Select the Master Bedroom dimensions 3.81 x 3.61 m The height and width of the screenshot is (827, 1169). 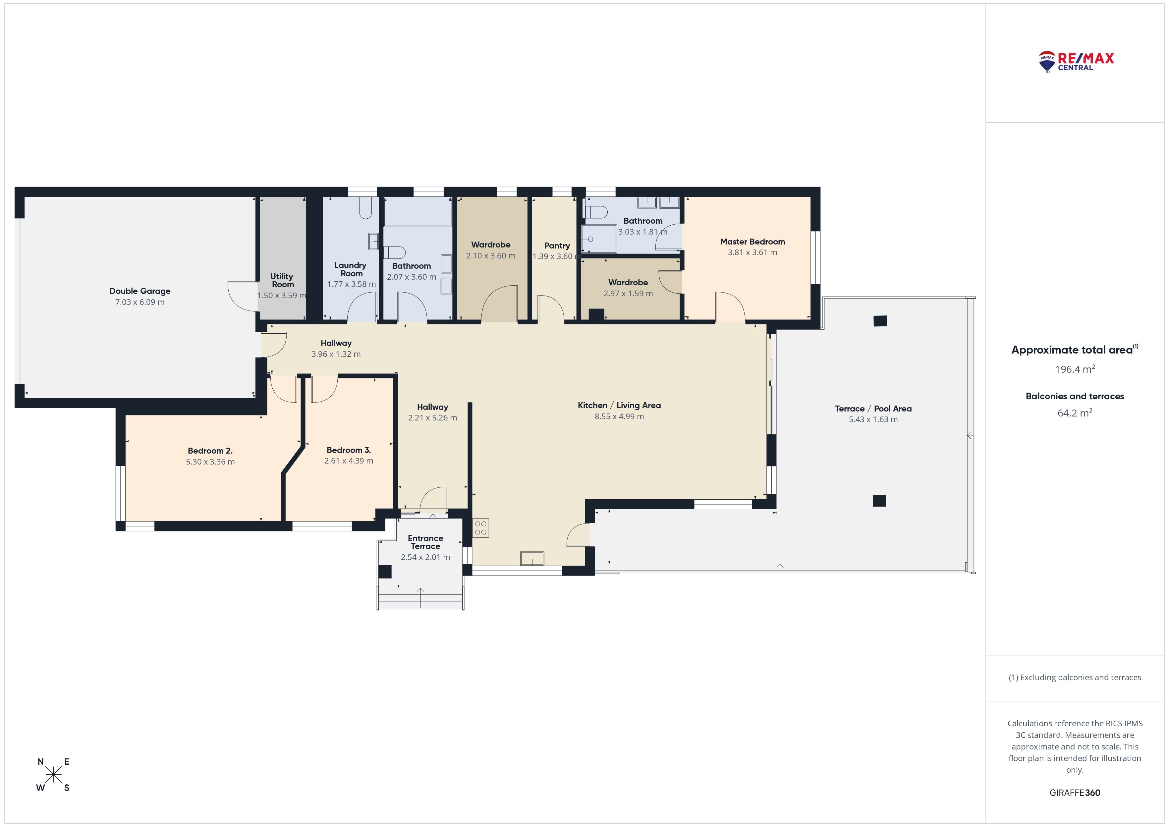752,252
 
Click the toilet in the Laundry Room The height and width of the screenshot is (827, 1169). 365,208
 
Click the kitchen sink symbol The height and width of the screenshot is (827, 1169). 532,559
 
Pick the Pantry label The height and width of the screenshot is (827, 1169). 557,246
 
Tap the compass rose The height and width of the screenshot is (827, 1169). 53,775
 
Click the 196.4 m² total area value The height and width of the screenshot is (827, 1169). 1075,369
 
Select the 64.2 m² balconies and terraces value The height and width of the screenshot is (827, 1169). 1075,413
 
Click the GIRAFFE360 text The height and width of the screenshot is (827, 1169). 1075,793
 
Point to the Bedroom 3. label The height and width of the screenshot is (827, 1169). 349,450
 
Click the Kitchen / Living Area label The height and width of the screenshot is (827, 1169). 619,405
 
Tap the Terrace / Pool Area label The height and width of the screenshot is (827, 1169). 873,409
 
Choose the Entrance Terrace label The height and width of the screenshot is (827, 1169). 426,542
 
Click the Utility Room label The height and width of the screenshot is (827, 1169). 282,281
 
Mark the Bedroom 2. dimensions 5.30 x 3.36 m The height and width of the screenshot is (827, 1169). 210,462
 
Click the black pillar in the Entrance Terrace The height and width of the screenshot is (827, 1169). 385,572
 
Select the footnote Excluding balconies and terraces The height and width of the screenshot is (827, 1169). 1075,677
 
